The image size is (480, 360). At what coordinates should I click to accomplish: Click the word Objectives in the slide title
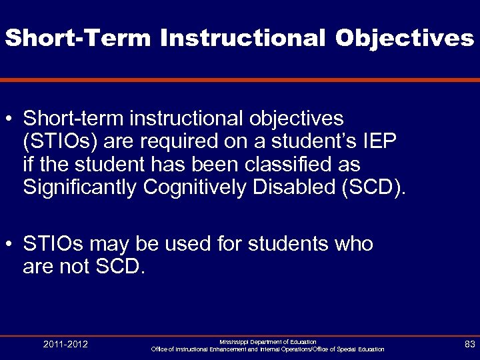tap(404, 38)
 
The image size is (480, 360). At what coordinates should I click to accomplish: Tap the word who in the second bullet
tap(350, 245)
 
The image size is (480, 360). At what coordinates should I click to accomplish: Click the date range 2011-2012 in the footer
tap(65, 344)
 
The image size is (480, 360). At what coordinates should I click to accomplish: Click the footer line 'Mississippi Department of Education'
tap(267, 341)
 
